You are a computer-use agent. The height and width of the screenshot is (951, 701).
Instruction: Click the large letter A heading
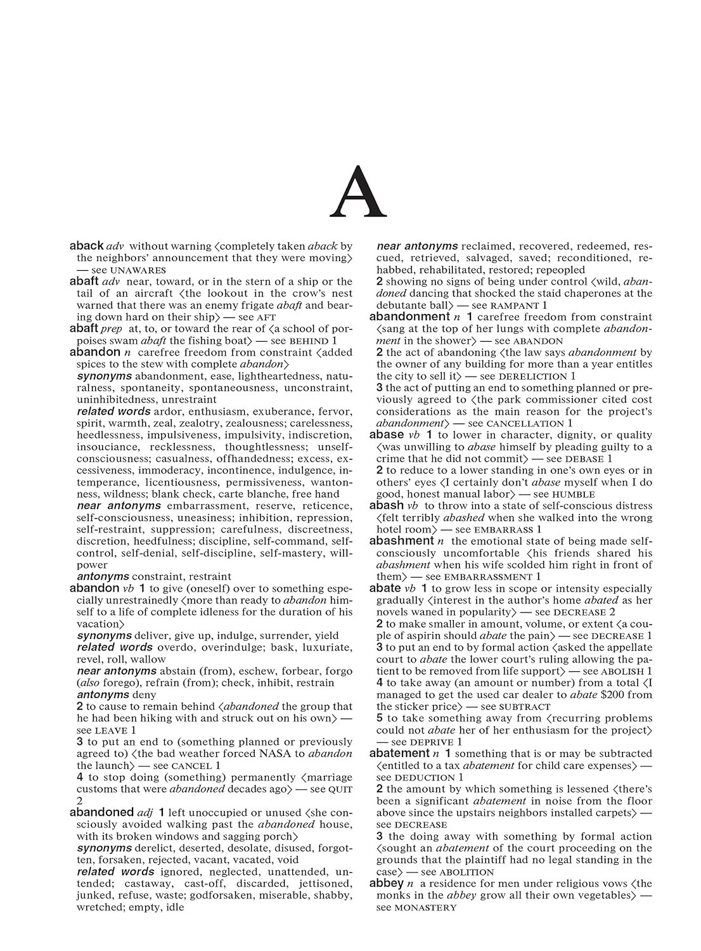358,191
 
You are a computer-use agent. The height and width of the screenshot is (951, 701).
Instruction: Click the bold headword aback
86,246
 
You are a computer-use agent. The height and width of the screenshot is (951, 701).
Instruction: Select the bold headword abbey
386,884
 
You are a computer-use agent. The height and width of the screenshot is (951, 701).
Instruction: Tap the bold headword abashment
401,541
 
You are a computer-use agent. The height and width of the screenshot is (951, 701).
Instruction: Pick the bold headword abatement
399,754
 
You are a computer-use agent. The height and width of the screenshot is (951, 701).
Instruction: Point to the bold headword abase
386,435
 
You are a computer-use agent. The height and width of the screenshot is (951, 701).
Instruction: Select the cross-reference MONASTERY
425,908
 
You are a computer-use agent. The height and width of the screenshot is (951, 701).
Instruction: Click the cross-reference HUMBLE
574,495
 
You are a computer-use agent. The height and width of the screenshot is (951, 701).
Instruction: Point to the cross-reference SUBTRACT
525,707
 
